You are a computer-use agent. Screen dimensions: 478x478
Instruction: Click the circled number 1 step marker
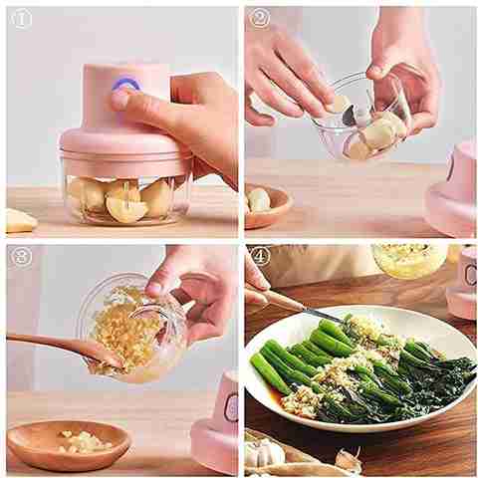(22, 19)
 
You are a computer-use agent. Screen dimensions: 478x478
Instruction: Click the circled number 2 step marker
(260, 18)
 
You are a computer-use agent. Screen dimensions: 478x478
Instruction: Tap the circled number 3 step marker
(22, 257)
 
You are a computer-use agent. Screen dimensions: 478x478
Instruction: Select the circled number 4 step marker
(260, 257)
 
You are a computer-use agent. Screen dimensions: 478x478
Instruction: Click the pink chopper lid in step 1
(124, 146)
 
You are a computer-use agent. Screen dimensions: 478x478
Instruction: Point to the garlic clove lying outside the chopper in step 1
(21, 220)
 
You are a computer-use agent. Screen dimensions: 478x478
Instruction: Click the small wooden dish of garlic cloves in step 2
(268, 206)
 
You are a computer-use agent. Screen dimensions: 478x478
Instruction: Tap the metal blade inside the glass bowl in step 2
(350, 115)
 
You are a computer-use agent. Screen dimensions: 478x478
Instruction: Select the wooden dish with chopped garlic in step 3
(69, 440)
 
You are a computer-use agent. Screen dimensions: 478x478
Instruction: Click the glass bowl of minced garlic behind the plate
(409, 261)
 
